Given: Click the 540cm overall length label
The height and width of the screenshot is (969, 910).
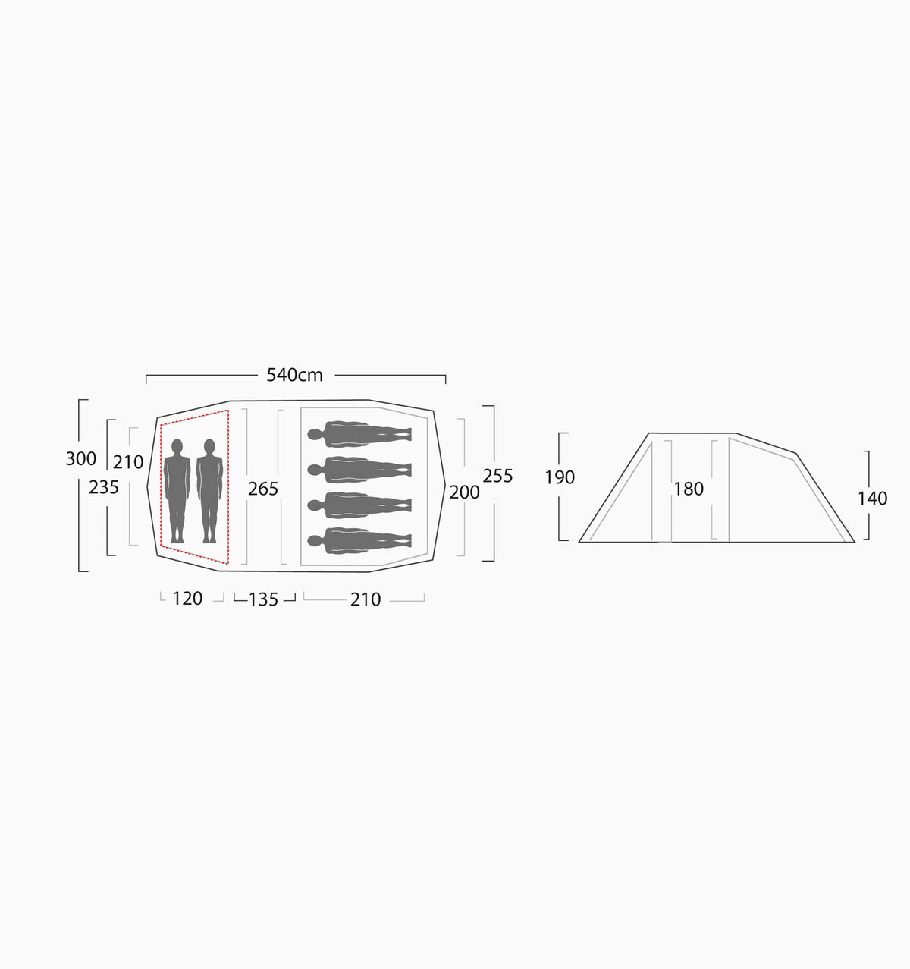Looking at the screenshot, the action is click(294, 375).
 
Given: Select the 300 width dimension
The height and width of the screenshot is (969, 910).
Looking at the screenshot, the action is click(81, 458).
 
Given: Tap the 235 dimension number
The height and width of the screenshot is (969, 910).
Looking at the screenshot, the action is click(104, 487).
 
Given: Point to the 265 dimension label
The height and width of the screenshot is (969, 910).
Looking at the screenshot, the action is click(263, 489).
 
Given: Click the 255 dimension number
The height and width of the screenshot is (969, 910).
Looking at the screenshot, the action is click(498, 476).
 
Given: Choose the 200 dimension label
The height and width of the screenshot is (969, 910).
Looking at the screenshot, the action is click(464, 492).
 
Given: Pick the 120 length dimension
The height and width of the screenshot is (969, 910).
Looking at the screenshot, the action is click(188, 598).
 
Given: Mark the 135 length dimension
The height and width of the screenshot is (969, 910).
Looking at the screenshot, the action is click(263, 599).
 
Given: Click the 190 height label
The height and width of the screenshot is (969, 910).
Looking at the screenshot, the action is click(560, 477).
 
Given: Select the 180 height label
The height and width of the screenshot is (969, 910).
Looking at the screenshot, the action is click(689, 489).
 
